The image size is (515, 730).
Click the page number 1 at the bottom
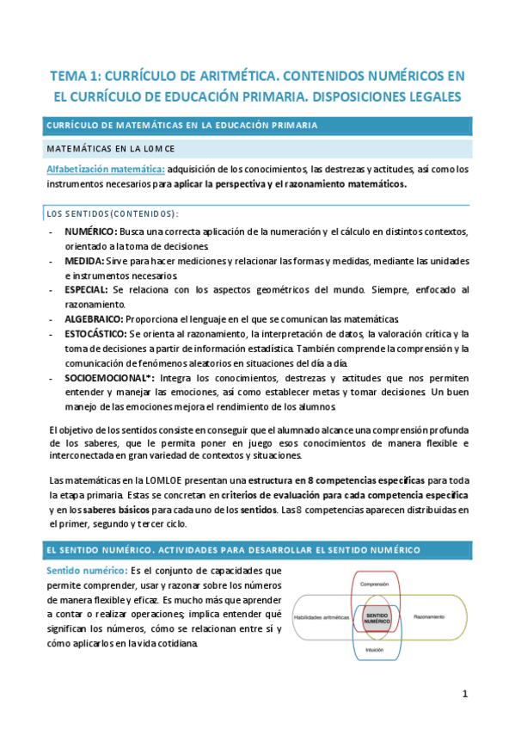point(464,694)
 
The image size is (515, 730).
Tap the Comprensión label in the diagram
point(375,585)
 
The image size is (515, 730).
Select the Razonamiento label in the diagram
point(428,617)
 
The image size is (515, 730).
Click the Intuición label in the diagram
point(375,650)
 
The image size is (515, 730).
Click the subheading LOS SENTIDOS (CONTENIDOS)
point(111,213)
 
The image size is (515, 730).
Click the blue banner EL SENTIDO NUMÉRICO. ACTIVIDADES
point(232,549)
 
